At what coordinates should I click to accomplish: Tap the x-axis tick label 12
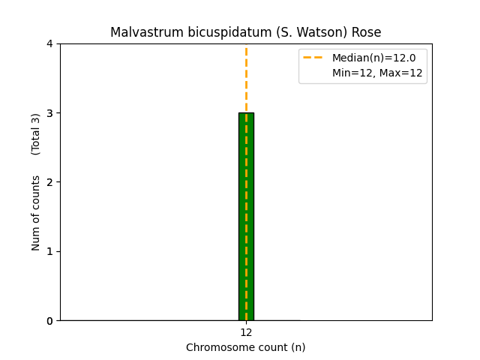(x=246, y=332)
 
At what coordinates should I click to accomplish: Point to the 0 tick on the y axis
(x=50, y=321)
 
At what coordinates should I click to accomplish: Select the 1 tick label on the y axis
(x=50, y=251)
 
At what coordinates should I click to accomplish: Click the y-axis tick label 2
(x=50, y=182)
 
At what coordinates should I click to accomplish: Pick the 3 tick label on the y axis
(x=50, y=113)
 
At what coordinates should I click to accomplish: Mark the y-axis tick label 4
(x=50, y=43)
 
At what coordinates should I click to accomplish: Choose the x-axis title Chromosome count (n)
(x=246, y=347)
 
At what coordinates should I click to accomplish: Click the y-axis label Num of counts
(x=36, y=213)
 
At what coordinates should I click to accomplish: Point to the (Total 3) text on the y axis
(x=36, y=134)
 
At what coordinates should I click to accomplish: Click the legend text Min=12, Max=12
(x=377, y=73)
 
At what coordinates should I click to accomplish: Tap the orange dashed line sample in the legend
(x=313, y=58)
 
